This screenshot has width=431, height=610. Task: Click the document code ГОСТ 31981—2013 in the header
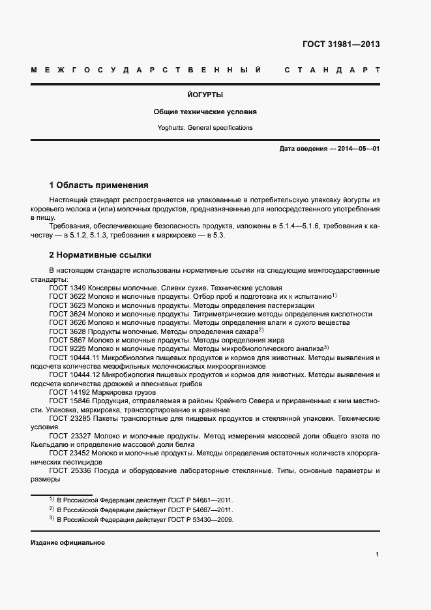tap(341, 45)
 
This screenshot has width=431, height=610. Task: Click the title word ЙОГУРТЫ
tap(205, 95)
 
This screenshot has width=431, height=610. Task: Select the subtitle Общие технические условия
tap(205, 112)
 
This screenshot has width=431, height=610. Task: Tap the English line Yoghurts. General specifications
tap(205, 128)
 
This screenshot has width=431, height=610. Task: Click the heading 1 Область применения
tap(99, 185)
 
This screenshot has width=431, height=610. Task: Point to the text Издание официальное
tap(68, 543)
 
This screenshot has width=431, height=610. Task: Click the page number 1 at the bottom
tap(378, 555)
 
